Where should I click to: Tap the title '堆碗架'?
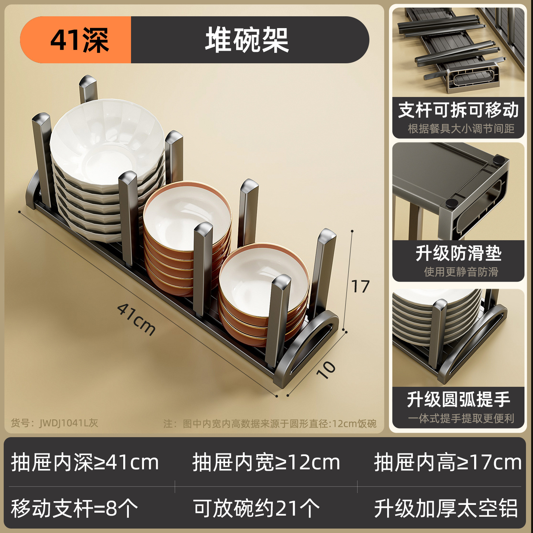tap(247, 40)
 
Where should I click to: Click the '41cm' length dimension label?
tap(136, 319)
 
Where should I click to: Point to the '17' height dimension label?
tap(360, 286)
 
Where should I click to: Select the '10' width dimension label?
tap(326, 369)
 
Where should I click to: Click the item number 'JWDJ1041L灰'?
tap(55, 423)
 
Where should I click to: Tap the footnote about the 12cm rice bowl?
tap(270, 423)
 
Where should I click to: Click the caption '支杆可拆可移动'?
tap(458, 110)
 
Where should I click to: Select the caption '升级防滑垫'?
tap(458, 254)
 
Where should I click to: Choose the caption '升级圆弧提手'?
tap(458, 399)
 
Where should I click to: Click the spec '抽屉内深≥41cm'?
tap(85, 462)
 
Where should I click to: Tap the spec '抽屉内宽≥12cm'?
tap(266, 462)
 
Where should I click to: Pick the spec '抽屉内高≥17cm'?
tap(447, 462)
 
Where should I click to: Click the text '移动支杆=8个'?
tap(74, 508)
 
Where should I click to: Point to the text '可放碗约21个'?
tap(256, 508)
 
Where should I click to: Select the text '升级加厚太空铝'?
tap(446, 508)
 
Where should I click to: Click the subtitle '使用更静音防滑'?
tap(461, 272)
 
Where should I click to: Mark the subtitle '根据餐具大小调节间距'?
tap(461, 128)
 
